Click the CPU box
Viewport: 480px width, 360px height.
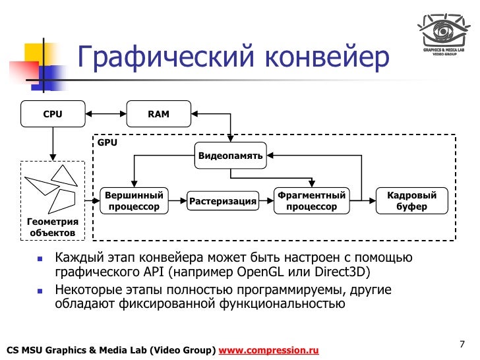(x=52, y=114)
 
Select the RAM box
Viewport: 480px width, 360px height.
(x=158, y=114)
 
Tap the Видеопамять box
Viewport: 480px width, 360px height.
(x=231, y=156)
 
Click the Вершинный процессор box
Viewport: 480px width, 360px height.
(x=134, y=200)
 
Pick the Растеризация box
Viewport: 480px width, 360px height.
(x=222, y=201)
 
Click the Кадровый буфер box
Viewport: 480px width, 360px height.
(x=411, y=200)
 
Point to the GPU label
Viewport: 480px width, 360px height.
(x=107, y=142)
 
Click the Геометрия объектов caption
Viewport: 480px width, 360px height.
(x=52, y=227)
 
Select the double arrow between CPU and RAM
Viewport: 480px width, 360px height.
(x=105, y=114)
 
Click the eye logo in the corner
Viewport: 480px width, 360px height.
(x=442, y=30)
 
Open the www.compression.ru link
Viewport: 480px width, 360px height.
(x=268, y=349)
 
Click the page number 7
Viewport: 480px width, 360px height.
(x=462, y=344)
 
